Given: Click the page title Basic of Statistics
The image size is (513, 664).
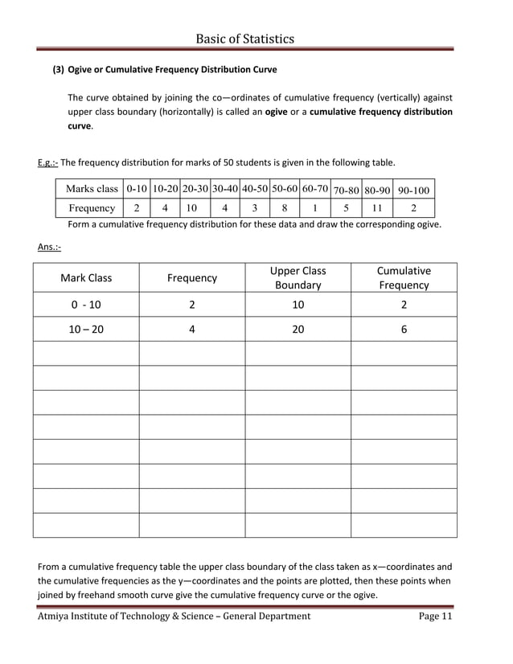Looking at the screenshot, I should coord(244,39).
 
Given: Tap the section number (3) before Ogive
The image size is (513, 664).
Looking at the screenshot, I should coord(59,70).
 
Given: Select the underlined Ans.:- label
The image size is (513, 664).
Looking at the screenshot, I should coord(49,246).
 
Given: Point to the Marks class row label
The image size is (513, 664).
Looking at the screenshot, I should coord(92,189).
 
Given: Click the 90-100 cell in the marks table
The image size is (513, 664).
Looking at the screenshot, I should coord(413,191).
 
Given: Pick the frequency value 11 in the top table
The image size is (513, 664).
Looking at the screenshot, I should coord(376,208).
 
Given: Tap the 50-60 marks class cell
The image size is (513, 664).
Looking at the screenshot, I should coord(285,189).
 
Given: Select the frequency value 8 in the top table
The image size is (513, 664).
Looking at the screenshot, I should coord(285,208).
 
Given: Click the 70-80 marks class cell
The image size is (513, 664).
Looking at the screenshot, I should coord(346,191).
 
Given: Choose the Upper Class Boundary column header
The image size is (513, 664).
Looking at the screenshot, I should coord(298,277).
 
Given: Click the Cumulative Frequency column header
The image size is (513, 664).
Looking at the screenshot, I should coord(404,277).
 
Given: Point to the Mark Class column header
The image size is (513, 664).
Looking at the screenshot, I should coord(86,278).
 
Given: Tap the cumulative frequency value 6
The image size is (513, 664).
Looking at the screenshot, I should coord(404,329).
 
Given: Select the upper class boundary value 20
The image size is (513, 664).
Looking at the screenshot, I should coord(298,329).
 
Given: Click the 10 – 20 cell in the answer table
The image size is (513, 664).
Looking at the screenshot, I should coord(86,329).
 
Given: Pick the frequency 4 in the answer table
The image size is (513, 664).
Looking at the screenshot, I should coord(191,329).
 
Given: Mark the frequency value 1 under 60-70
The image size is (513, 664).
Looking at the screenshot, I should coord(315,208).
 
